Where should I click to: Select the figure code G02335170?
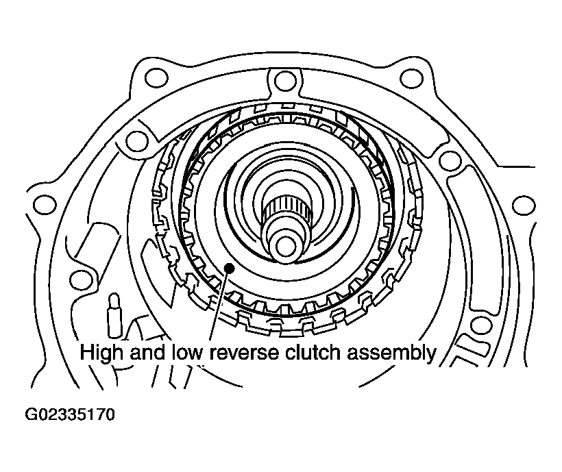[70, 414]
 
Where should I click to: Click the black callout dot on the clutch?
[229, 268]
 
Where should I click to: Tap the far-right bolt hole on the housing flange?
[524, 206]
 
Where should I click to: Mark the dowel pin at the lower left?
[114, 315]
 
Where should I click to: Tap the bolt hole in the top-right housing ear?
[411, 78]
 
